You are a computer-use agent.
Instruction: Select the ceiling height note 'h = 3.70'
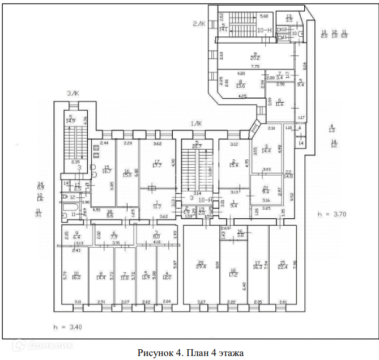tap(331, 214)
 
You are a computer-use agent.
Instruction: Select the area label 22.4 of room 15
tap(283, 266)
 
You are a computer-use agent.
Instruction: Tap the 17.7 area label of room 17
tap(157, 166)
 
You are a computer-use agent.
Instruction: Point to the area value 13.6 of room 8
tap(241, 86)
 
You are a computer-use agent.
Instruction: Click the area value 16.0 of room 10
tap(77, 278)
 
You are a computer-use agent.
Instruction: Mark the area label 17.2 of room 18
tap(233, 274)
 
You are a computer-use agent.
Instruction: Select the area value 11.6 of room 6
tap(280, 105)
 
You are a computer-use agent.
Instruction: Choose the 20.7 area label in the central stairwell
tap(197, 147)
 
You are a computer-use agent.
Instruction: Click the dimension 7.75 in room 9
tap(255, 67)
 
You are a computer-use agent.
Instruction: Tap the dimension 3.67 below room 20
tap(201, 302)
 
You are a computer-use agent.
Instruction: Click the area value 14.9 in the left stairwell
tap(71, 121)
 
